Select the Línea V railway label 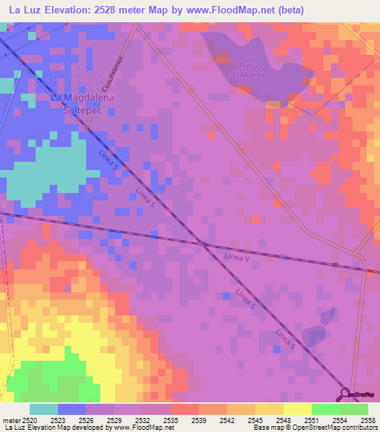237,257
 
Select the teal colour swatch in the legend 44,409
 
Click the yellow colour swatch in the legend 297,409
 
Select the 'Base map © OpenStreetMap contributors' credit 314,428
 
